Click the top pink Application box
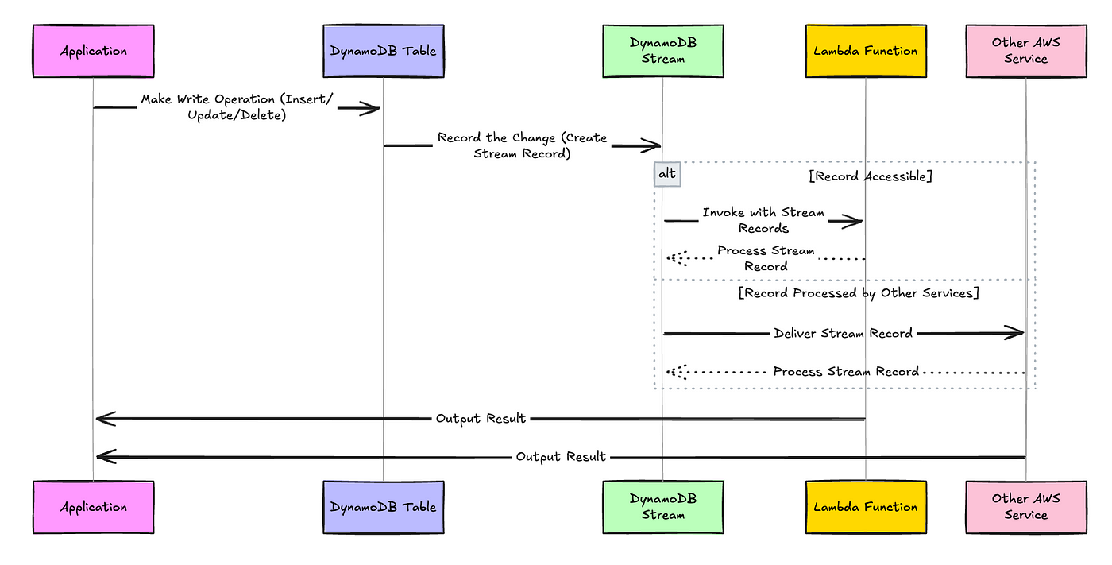pyautogui.click(x=93, y=51)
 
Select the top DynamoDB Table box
pyautogui.click(x=383, y=51)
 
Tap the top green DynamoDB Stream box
pyautogui.click(x=662, y=51)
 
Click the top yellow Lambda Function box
pyautogui.click(x=865, y=51)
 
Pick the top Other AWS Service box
pyautogui.click(x=1025, y=51)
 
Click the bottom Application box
pyautogui.click(x=93, y=507)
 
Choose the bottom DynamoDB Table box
pyautogui.click(x=383, y=507)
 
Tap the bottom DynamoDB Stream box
pyautogui.click(x=662, y=507)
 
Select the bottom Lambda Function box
pyautogui.click(x=865, y=507)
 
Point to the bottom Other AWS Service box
pyautogui.click(x=1025, y=507)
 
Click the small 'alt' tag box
pyautogui.click(x=667, y=174)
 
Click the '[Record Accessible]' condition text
pyautogui.click(x=870, y=176)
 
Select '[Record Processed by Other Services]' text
pyautogui.click(x=858, y=293)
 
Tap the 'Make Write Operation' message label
pyautogui.click(x=237, y=107)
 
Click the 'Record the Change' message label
pyautogui.click(x=522, y=145)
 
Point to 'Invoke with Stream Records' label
pyautogui.click(x=763, y=221)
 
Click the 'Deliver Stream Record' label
pyautogui.click(x=843, y=334)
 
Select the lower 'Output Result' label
pyautogui.click(x=561, y=457)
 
